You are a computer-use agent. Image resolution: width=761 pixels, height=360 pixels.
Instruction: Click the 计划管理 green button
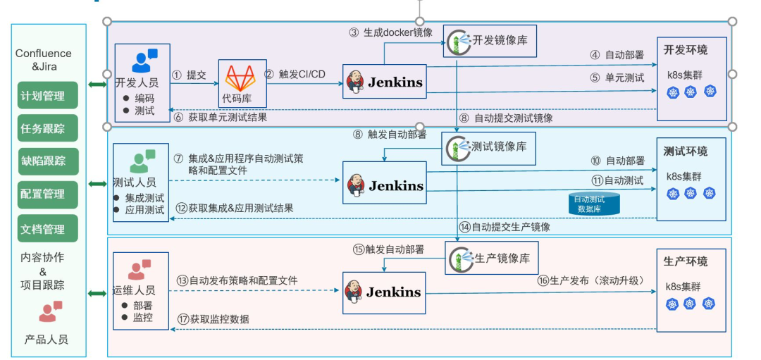[48, 96]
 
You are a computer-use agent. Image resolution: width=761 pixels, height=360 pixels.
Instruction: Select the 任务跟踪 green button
[48, 129]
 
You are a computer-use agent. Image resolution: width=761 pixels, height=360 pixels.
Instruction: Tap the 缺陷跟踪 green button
[48, 162]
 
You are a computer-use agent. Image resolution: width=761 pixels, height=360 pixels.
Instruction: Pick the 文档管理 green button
[48, 228]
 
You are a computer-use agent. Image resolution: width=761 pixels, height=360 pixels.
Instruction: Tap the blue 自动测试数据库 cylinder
[594, 204]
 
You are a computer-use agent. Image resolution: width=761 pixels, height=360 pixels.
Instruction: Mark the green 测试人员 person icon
[142, 161]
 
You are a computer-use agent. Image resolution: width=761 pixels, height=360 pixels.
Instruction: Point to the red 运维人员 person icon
[140, 271]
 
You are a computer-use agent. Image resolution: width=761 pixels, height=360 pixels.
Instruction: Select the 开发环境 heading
[685, 50]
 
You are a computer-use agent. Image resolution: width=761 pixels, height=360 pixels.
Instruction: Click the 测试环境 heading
[685, 151]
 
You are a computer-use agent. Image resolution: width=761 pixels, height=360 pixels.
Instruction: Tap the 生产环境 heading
[685, 261]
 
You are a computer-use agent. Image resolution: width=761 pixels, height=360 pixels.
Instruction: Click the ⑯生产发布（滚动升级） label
[590, 280]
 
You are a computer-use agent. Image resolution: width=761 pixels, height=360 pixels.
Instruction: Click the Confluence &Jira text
[44, 60]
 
